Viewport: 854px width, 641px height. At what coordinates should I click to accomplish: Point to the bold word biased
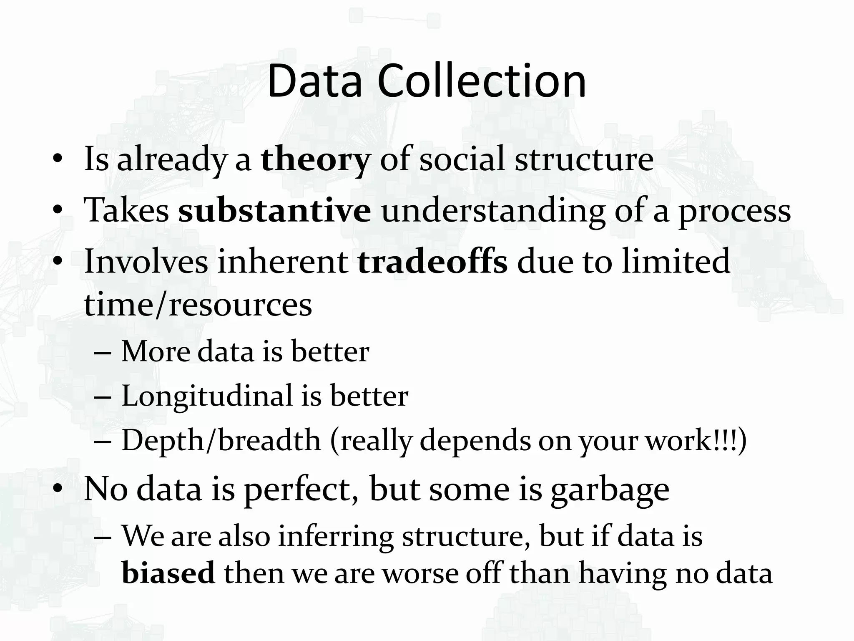pos(168,573)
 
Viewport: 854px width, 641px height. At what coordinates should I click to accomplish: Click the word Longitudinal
pos(207,396)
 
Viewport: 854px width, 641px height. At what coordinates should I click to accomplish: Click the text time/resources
pos(198,305)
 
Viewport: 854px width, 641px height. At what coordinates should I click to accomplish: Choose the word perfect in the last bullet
pos(296,489)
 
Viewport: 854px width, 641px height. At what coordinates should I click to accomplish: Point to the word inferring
pos(335,536)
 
